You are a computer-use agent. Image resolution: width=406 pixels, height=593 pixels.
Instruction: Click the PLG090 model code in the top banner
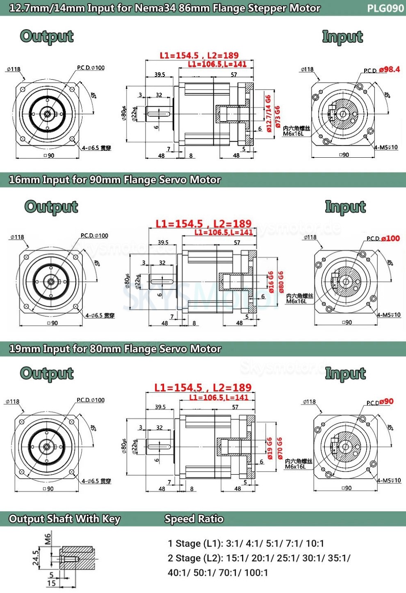pos(385,8)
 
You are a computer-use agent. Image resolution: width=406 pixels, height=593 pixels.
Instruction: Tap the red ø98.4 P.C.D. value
pos(389,69)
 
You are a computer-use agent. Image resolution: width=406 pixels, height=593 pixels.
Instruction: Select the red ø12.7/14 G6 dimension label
pos(269,113)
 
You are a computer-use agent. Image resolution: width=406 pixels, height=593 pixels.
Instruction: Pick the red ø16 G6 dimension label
pos(271,282)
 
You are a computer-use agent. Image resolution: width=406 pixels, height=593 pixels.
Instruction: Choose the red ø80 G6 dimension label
pos(281,282)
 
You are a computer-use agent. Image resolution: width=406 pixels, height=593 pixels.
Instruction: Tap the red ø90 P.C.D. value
pos(386,402)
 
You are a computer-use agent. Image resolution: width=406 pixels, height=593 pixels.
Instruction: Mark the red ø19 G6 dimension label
pos(270,448)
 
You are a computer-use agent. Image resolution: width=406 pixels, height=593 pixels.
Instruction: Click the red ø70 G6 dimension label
pos(280,448)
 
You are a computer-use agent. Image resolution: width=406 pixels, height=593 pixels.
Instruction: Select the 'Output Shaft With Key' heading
pos(65,519)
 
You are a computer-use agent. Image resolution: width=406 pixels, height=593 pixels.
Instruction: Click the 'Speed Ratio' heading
pos(194,519)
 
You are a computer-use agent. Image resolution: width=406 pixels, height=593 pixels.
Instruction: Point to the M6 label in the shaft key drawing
pos(48,538)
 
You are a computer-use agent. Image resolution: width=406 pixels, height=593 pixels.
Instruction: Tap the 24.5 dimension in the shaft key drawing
pos(36,558)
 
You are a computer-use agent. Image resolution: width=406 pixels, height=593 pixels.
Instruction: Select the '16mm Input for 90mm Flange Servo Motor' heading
pos(115,180)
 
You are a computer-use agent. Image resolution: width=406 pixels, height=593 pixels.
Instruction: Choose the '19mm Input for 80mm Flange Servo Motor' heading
pos(115,349)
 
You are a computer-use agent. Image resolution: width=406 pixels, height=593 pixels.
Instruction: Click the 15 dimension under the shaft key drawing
pos(51,583)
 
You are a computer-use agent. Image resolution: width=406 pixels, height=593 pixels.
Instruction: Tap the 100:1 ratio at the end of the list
pos(256,572)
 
